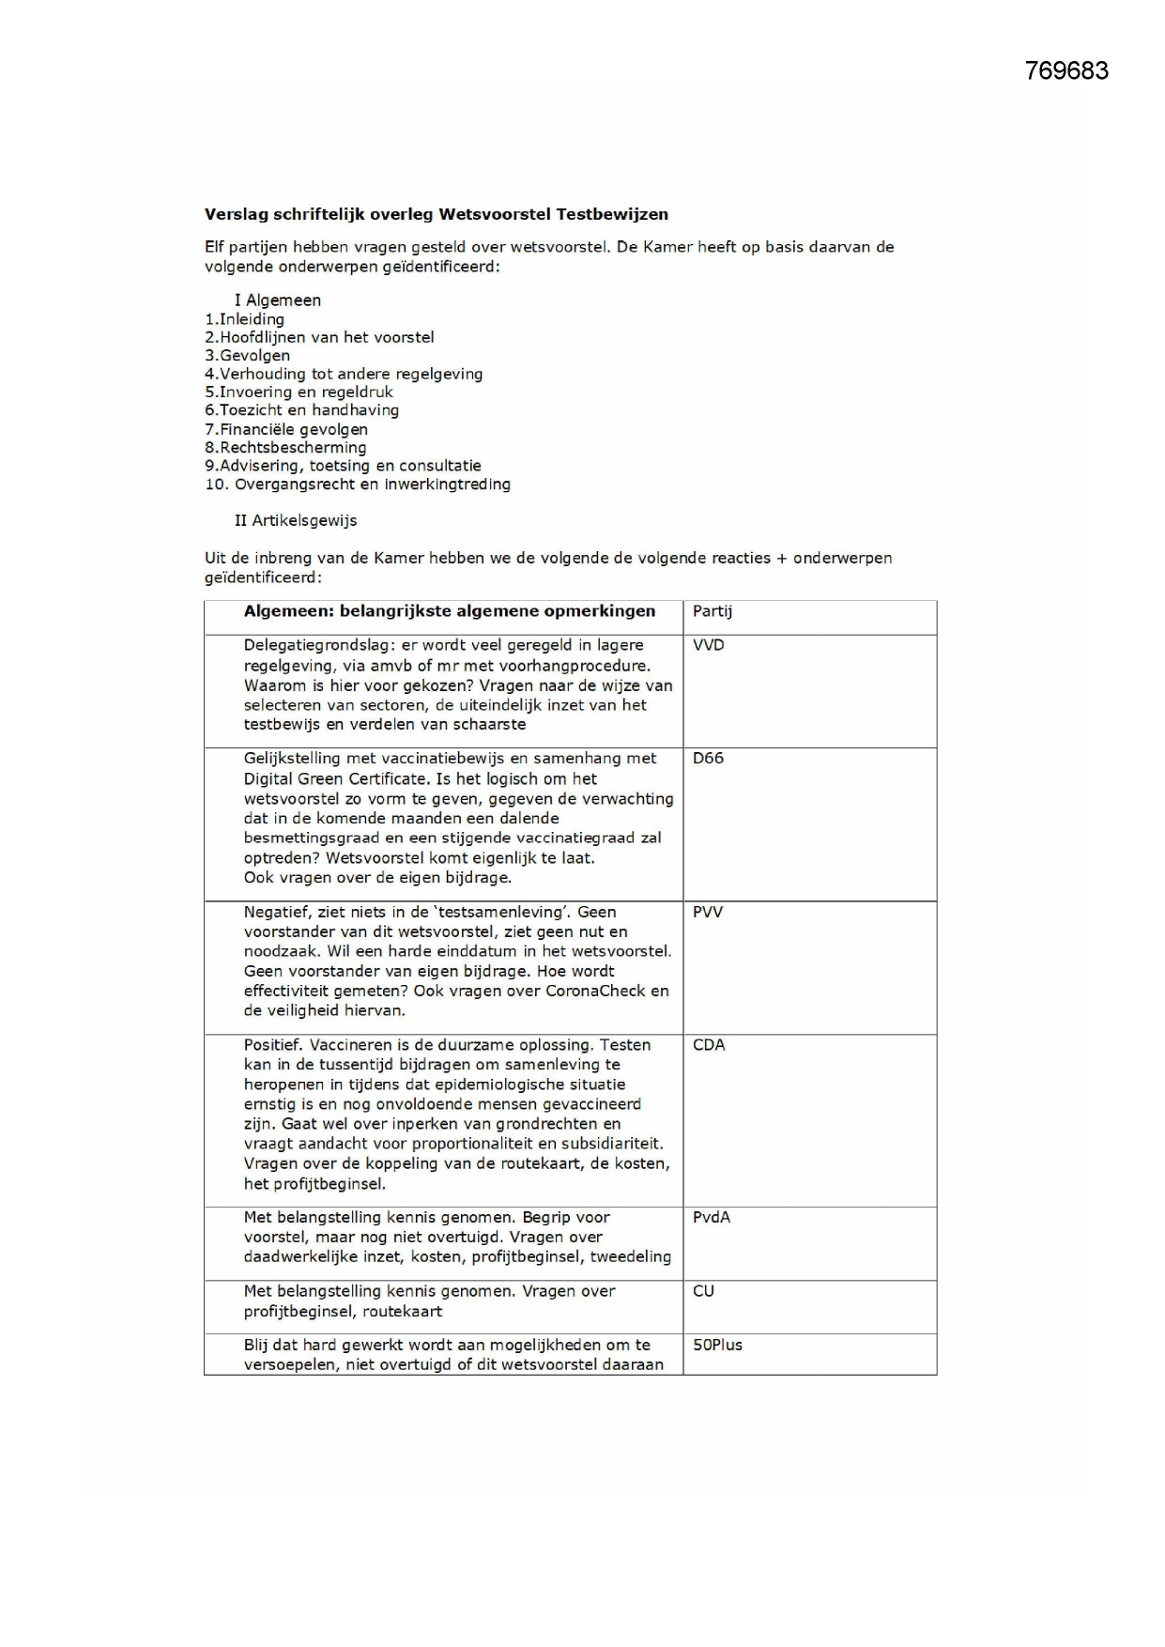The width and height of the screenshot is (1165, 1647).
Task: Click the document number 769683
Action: pyautogui.click(x=1066, y=71)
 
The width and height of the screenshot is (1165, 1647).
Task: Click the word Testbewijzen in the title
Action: pyautogui.click(x=612, y=214)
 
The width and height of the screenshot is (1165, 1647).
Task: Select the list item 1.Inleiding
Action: pyautogui.click(x=245, y=319)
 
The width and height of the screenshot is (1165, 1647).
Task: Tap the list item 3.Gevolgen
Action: pyautogui.click(x=248, y=356)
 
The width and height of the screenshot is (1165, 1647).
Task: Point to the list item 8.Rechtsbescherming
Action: pyautogui.click(x=285, y=448)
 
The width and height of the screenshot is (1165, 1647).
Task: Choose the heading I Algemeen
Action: pyautogui.click(x=278, y=300)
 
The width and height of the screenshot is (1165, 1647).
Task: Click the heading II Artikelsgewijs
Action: pyautogui.click(x=296, y=520)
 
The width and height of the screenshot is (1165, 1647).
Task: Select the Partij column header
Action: pyautogui.click(x=713, y=611)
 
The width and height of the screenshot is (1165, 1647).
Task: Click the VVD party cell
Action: pyautogui.click(x=709, y=645)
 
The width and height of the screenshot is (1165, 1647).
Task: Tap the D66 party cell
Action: pyautogui.click(x=709, y=759)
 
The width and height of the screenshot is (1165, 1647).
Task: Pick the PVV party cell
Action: pyautogui.click(x=708, y=912)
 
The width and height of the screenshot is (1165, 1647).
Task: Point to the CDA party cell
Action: pyautogui.click(x=709, y=1045)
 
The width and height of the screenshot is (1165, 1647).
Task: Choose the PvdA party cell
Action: pyautogui.click(x=712, y=1217)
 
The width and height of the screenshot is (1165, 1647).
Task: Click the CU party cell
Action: pyautogui.click(x=704, y=1291)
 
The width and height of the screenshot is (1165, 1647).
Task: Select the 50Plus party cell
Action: pyautogui.click(x=718, y=1345)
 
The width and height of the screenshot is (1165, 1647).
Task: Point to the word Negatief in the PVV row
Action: pyautogui.click(x=277, y=912)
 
